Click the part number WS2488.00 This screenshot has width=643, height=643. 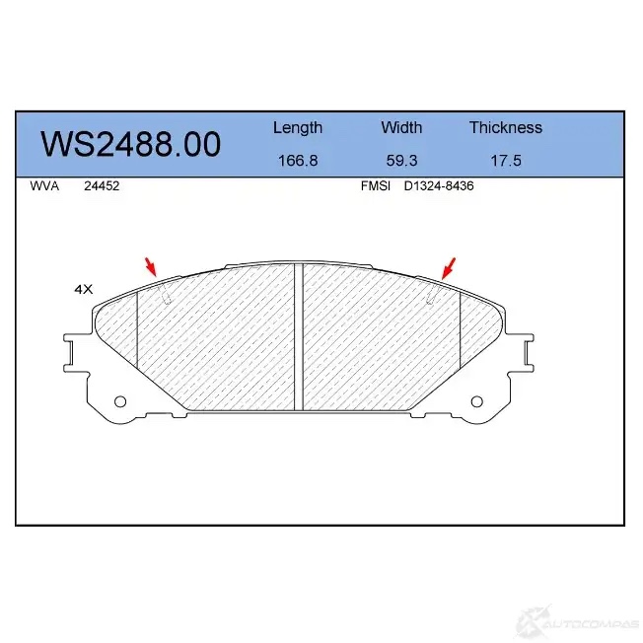pyautogui.click(x=131, y=144)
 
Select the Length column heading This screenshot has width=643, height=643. pyautogui.click(x=298, y=128)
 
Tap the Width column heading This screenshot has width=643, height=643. pyautogui.click(x=401, y=127)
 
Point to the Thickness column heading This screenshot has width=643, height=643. pyautogui.click(x=506, y=127)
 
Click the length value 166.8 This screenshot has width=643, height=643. pyautogui.click(x=298, y=160)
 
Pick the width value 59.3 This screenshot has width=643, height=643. pyautogui.click(x=401, y=160)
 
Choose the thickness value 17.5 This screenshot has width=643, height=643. pyautogui.click(x=506, y=160)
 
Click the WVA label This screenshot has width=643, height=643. pyautogui.click(x=44, y=185)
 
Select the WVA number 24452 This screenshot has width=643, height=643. pyautogui.click(x=102, y=185)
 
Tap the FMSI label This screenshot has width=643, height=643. pyautogui.click(x=375, y=185)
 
